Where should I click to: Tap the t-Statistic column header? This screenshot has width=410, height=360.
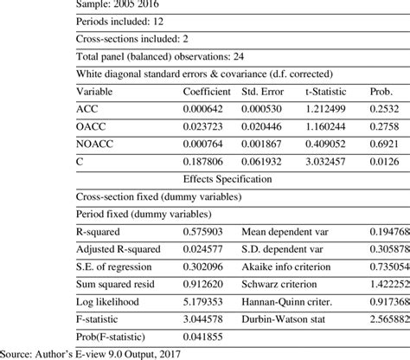pos(327,91)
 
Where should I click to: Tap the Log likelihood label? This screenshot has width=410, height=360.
pos(106,302)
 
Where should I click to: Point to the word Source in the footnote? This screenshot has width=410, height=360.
pos(19,352)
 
